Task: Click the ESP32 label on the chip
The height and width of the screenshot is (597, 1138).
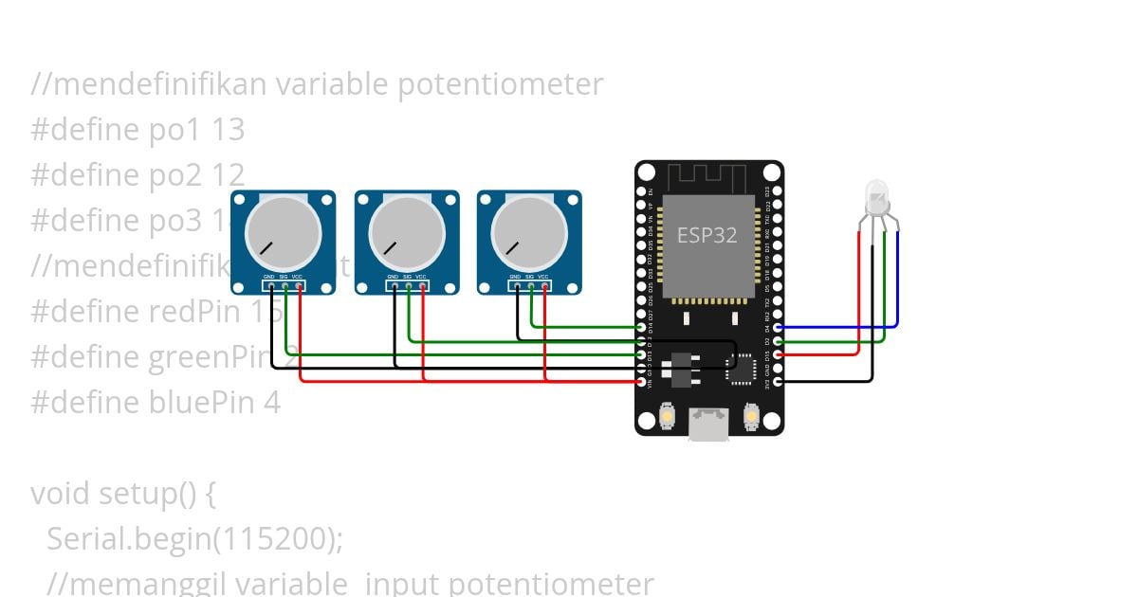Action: (x=707, y=235)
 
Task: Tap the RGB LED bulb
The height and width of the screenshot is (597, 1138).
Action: (x=877, y=199)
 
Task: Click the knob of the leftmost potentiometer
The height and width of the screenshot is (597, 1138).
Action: (x=283, y=232)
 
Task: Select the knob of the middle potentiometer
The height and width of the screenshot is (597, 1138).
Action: (x=407, y=232)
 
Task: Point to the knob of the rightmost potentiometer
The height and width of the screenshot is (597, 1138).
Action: (x=529, y=232)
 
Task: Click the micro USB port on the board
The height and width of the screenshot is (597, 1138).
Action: (x=709, y=424)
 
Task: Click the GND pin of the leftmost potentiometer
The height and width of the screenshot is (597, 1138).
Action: (x=271, y=285)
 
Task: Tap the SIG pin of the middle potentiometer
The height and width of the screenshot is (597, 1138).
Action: (x=408, y=285)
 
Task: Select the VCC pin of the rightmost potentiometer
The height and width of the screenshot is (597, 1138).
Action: (x=545, y=285)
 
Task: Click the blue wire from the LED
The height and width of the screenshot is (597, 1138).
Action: (x=897, y=284)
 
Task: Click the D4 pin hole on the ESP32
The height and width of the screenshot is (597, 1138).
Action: (x=778, y=327)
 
